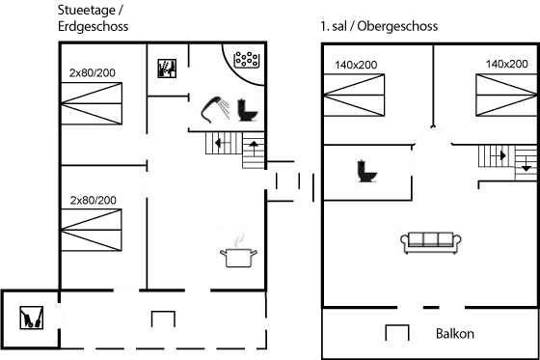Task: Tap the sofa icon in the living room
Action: [430, 241]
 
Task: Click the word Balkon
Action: [454, 334]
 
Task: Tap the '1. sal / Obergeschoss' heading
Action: [379, 26]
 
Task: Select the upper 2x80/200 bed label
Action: [93, 73]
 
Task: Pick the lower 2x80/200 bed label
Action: [93, 200]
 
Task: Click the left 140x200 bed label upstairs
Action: [356, 64]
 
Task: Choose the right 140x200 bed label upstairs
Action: [505, 64]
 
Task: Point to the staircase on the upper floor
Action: [506, 156]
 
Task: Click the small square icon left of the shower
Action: [167, 69]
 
